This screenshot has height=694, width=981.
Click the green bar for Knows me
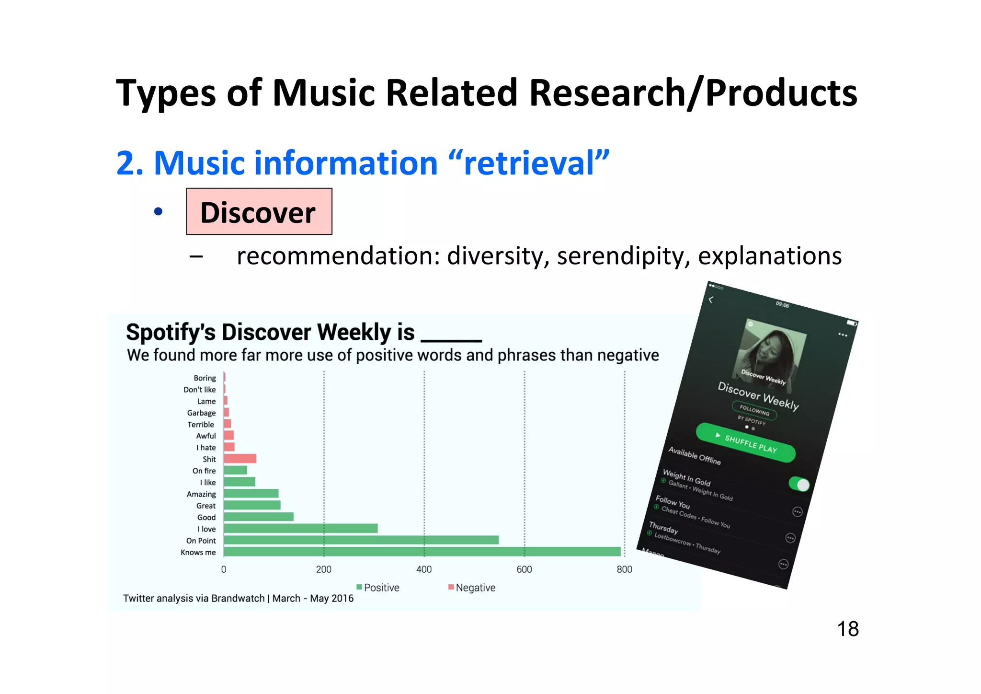click(422, 552)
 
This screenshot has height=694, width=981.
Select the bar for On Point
click(361, 540)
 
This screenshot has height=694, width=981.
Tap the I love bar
click(300, 528)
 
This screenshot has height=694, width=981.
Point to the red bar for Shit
click(240, 459)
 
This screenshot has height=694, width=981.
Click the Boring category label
click(205, 378)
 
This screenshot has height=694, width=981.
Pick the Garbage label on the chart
click(201, 413)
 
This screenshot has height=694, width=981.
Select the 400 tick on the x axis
click(424, 569)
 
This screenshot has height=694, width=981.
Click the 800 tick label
click(624, 569)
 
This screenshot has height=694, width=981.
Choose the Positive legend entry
click(378, 588)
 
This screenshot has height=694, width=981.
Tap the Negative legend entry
click(472, 588)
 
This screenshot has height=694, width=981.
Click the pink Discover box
click(259, 212)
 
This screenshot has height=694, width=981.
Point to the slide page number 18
click(847, 629)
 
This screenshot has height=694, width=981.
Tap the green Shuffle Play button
click(745, 442)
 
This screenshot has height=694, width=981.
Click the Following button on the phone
click(754, 410)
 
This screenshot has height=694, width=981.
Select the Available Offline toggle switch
click(799, 484)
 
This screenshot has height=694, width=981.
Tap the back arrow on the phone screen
click(711, 300)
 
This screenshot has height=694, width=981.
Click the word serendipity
click(623, 256)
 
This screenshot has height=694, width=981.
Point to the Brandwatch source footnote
click(238, 599)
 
